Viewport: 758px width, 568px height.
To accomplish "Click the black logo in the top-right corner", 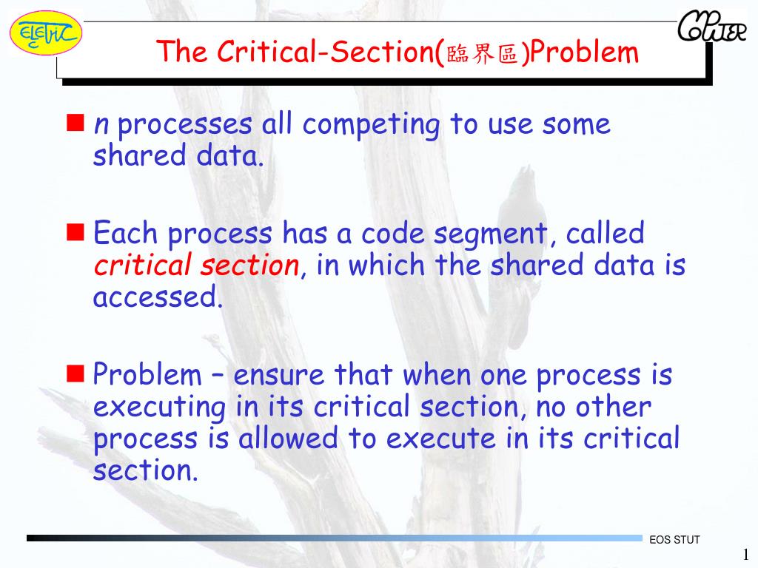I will [711, 29].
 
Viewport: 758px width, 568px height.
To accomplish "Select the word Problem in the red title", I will [585, 53].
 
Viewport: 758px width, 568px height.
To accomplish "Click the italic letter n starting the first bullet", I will [101, 125].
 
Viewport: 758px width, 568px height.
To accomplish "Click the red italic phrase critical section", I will [196, 265].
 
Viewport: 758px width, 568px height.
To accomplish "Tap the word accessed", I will [157, 297].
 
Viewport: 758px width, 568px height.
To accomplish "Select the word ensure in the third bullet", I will [279, 375].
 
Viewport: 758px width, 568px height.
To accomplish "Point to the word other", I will [614, 407].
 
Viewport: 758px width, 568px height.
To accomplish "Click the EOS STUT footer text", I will [674, 540].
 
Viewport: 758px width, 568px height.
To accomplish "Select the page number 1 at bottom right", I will [746, 555].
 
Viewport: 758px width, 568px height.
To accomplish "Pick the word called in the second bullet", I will [605, 234].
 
